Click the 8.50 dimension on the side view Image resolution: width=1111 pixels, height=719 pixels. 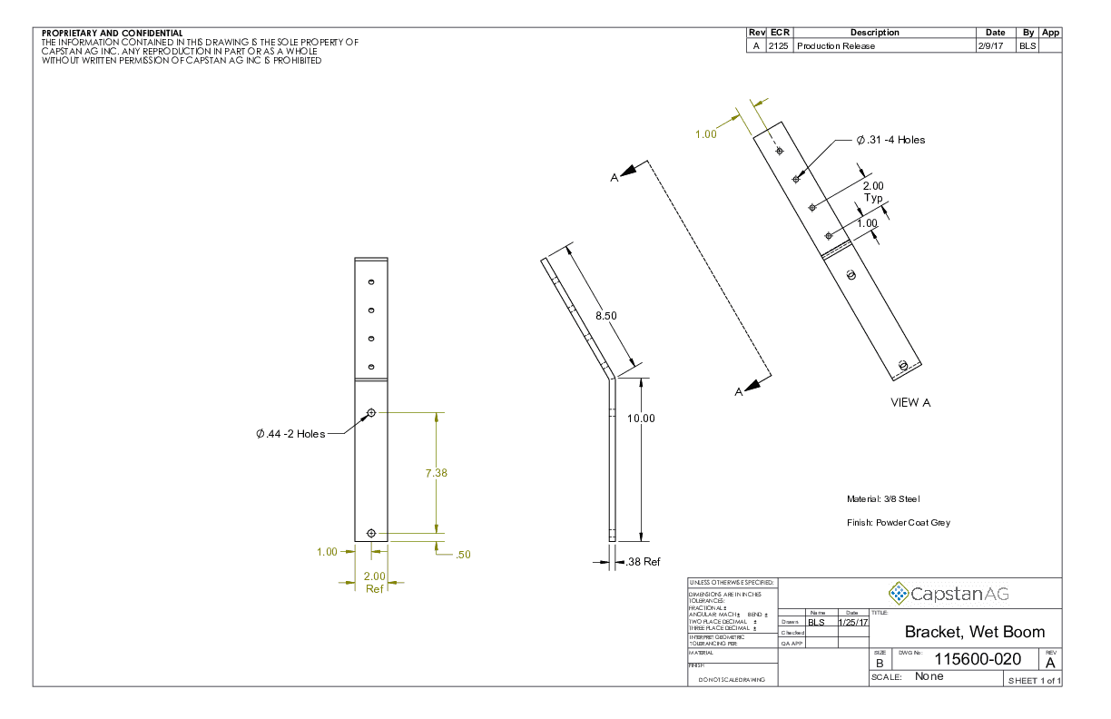pyautogui.click(x=606, y=315)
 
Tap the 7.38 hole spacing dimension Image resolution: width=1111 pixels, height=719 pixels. pyautogui.click(x=437, y=473)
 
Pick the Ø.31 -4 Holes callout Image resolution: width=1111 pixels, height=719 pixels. pyautogui.click(x=890, y=140)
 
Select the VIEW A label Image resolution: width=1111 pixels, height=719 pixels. pyautogui.click(x=910, y=402)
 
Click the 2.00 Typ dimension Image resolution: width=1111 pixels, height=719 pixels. pyautogui.click(x=872, y=192)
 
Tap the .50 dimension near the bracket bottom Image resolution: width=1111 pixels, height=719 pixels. pyautogui.click(x=462, y=554)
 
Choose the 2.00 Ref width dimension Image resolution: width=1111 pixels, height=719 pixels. pyautogui.click(x=375, y=582)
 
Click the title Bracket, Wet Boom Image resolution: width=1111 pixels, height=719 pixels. pyautogui.click(x=974, y=632)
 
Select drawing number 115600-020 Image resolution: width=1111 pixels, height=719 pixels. pyautogui.click(x=978, y=659)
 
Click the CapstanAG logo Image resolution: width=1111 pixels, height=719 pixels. pyautogui.click(x=949, y=594)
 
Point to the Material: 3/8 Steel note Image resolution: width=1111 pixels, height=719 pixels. pyautogui.click(x=884, y=498)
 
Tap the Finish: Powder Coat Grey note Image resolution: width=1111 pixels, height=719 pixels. pyautogui.click(x=898, y=523)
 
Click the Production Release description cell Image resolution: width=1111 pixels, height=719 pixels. pyautogui.click(x=836, y=46)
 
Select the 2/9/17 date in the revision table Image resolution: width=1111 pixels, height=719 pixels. pyautogui.click(x=990, y=46)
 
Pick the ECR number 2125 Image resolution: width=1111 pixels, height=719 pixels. pyautogui.click(x=779, y=46)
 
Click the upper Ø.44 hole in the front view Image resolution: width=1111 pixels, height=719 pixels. pyautogui.click(x=371, y=413)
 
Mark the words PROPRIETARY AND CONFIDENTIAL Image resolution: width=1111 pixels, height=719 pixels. pyautogui.click(x=113, y=34)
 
